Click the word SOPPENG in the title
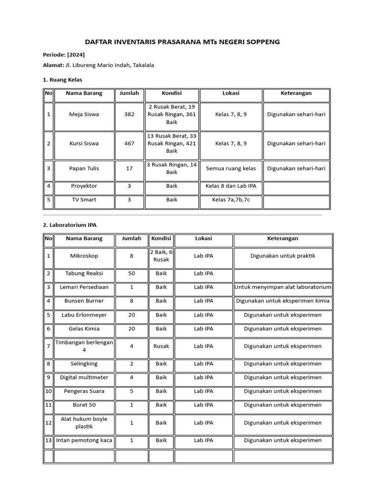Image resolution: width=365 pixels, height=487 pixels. click(260, 42)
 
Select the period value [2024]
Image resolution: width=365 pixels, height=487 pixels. click(76, 55)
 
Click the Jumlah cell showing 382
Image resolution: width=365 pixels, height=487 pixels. click(129, 115)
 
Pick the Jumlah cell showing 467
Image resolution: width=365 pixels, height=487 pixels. click(129, 143)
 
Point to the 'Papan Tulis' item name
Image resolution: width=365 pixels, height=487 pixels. click(84, 168)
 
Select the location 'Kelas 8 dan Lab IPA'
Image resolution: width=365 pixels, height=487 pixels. click(231, 186)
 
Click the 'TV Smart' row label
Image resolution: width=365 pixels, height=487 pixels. click(84, 200)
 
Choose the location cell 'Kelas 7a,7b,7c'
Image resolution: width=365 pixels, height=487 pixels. click(231, 200)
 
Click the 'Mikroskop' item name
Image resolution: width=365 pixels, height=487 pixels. click(84, 256)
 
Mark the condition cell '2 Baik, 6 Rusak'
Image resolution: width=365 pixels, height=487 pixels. click(161, 256)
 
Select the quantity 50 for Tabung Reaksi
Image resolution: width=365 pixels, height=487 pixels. click(132, 273)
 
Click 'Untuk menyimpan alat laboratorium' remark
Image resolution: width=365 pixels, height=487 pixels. click(283, 287)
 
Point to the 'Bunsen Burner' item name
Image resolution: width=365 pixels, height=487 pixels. click(84, 301)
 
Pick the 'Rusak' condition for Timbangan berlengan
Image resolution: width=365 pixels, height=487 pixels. click(161, 346)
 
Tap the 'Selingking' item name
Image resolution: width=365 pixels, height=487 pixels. click(84, 364)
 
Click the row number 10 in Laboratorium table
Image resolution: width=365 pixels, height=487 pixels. click(48, 391)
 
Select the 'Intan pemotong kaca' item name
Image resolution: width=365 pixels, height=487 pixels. click(84, 440)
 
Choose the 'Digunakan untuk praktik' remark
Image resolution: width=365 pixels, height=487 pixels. click(283, 256)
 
